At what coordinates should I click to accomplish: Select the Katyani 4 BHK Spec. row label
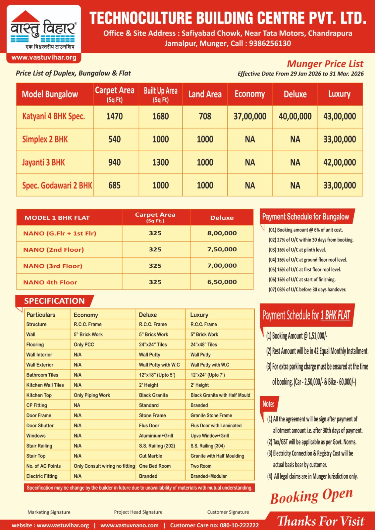point(53,116)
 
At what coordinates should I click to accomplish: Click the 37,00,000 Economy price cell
point(250,116)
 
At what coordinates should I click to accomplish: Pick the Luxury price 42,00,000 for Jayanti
point(340,162)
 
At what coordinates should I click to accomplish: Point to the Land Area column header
point(205,94)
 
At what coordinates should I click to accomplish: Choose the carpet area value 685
point(114,185)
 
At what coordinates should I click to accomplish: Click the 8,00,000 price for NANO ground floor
point(222,233)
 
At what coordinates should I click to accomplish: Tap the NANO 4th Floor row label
point(50,282)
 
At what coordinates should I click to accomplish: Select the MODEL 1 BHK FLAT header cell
point(57,218)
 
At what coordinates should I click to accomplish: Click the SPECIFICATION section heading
point(54,301)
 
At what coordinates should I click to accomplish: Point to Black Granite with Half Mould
point(220,395)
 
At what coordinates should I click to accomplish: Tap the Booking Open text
point(311,496)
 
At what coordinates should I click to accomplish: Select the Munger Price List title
point(325,64)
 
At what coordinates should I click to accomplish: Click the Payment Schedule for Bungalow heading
point(305,217)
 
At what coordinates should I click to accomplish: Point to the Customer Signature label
point(228,512)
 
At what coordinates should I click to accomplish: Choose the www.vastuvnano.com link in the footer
point(130,525)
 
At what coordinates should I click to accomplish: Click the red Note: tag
point(268,404)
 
